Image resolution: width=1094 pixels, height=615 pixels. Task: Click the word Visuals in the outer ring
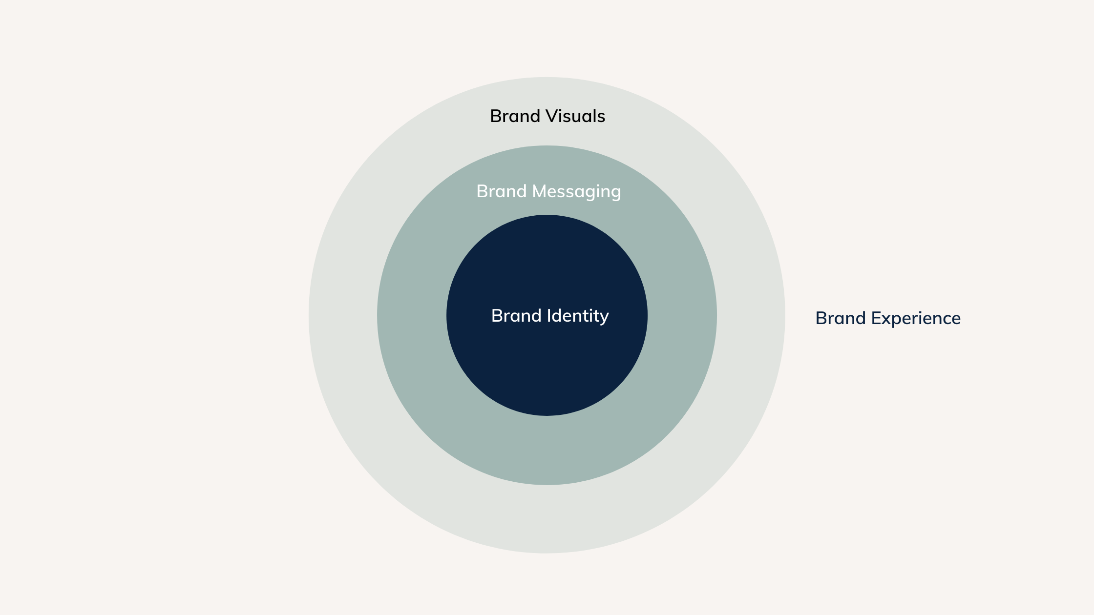(x=575, y=116)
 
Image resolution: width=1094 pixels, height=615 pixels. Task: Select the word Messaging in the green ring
(x=576, y=191)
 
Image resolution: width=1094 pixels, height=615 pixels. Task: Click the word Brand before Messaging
(x=501, y=191)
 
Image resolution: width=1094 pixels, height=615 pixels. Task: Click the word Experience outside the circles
(x=916, y=318)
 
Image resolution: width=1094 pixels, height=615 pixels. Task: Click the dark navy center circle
(x=547, y=371)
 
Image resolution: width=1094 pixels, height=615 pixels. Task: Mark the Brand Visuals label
(x=547, y=116)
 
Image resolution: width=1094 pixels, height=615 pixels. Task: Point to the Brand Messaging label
(x=548, y=191)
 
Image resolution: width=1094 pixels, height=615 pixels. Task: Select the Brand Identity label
(x=550, y=316)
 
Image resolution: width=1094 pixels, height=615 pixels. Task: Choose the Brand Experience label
(x=888, y=318)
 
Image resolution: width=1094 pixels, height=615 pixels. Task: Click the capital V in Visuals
(x=552, y=116)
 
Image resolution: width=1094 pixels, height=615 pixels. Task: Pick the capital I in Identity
(x=548, y=316)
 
